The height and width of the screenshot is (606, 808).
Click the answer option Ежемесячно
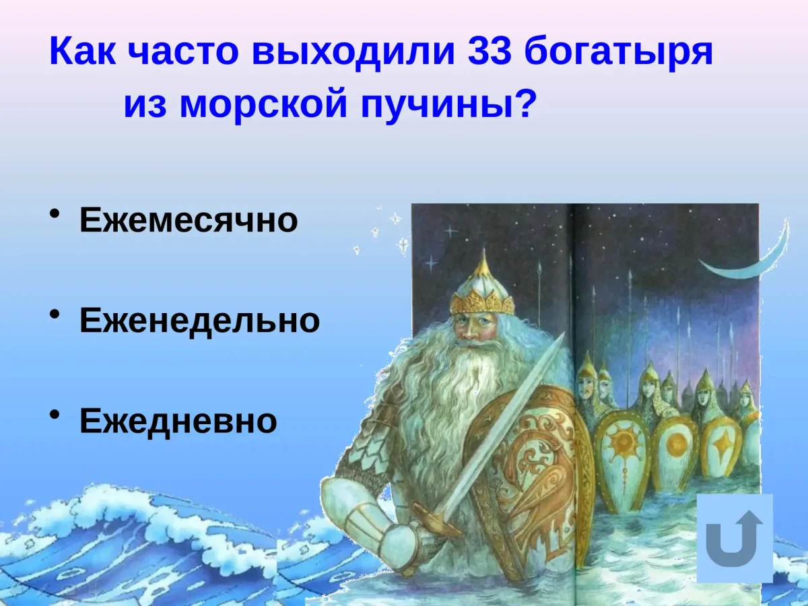[x=189, y=220]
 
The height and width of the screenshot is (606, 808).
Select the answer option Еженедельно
[x=199, y=321]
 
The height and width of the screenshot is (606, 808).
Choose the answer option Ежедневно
[x=178, y=422]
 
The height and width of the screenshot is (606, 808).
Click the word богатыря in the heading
[x=618, y=53]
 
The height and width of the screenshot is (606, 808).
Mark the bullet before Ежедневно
[x=54, y=417]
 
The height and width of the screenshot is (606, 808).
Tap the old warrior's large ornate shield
[x=532, y=471]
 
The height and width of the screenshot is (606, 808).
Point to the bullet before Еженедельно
[x=54, y=316]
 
